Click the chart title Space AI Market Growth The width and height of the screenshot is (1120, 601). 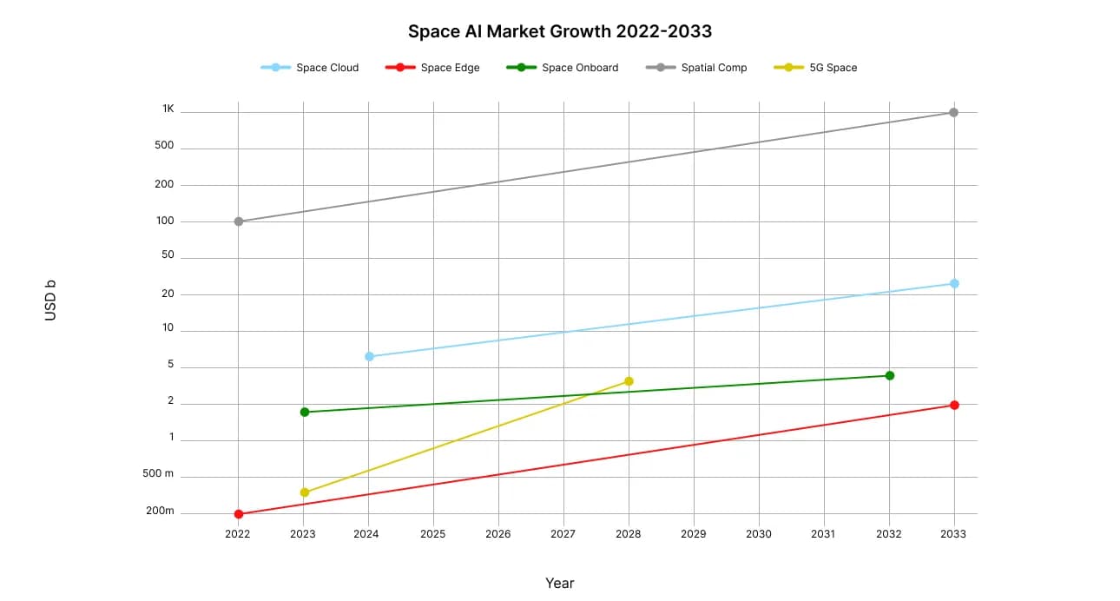560,32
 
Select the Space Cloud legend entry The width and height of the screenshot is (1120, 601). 310,68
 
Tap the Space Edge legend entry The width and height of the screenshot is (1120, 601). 432,68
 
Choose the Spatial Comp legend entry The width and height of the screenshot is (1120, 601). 696,68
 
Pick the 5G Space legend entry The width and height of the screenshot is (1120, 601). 815,68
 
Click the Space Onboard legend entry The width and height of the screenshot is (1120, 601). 563,68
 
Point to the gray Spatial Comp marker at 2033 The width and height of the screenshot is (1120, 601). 953,112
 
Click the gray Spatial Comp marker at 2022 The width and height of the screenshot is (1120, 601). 239,221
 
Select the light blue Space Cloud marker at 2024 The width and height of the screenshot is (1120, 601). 369,356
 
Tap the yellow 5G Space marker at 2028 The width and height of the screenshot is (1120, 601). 629,381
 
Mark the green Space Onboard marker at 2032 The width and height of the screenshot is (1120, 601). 889,375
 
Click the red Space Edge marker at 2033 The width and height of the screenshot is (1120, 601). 953,405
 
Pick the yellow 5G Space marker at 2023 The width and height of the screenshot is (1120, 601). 304,492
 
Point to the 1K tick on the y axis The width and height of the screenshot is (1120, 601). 168,109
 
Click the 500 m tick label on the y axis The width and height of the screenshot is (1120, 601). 158,474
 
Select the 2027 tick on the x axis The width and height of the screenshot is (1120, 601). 563,534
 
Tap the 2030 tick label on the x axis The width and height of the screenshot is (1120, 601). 758,534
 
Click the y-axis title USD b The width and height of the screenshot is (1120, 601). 50,300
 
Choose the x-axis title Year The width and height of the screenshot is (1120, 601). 560,583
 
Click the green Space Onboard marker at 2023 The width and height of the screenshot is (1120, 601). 304,412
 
